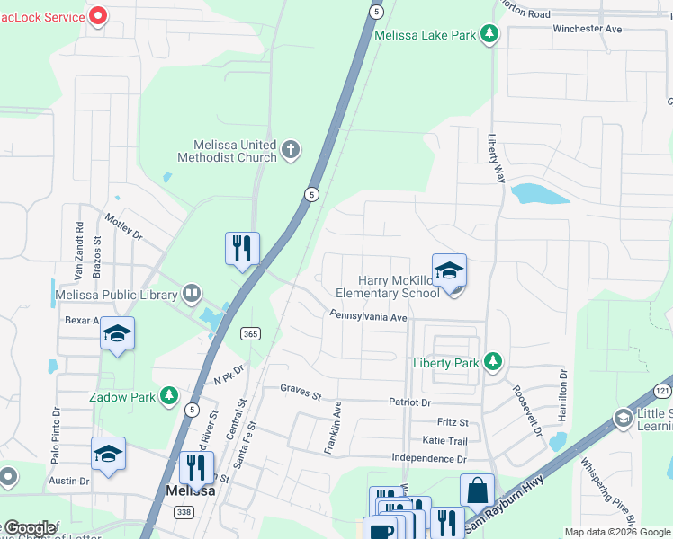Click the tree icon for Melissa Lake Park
coord(489,35)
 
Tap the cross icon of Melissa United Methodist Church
coord(290,150)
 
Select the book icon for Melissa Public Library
coord(191,293)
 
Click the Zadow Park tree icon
coord(168,395)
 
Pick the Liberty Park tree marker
coord(492,362)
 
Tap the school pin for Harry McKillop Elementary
coord(449,269)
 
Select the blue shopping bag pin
coord(477,490)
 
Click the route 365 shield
coord(251,333)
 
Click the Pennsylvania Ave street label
coord(369,317)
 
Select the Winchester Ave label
coord(587,29)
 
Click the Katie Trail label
coord(444,441)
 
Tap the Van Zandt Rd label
coord(79,241)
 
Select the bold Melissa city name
coord(190,491)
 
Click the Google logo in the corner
coord(30,528)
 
